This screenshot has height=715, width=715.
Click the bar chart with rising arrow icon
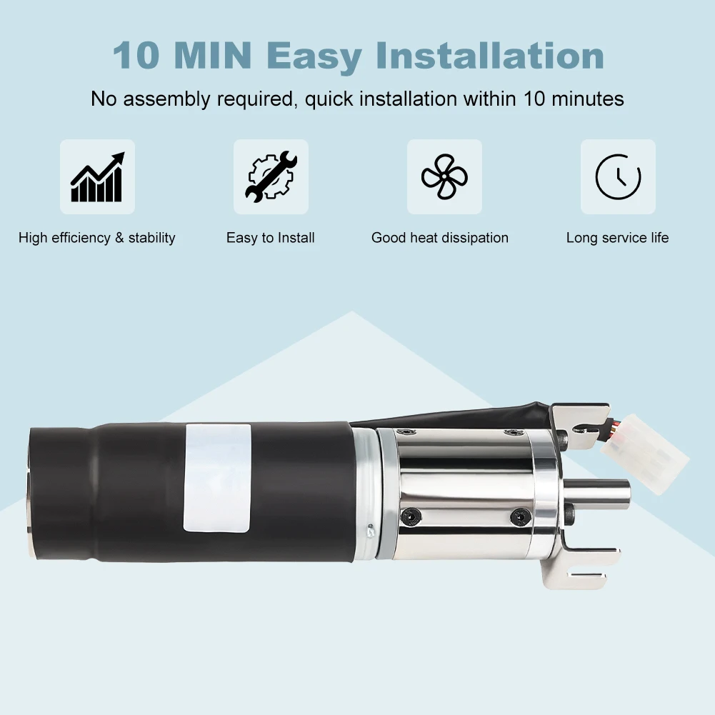(x=97, y=177)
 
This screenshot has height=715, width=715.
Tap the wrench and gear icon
(x=271, y=176)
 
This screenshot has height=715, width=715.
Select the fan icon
(x=444, y=177)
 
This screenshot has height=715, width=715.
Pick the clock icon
(x=618, y=177)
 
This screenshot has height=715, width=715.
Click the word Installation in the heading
(x=490, y=56)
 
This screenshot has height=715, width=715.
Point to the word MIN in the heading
(x=213, y=56)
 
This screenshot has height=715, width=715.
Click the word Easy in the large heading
(x=314, y=57)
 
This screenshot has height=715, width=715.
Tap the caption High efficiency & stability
(x=96, y=238)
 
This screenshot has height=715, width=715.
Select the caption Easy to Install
(x=271, y=238)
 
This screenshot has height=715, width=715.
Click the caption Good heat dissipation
(x=439, y=238)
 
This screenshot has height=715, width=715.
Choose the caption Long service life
(x=617, y=238)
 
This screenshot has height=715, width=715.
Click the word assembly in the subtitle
(x=167, y=99)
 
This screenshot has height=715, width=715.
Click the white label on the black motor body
(x=218, y=478)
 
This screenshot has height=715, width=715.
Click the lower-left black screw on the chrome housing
(x=411, y=516)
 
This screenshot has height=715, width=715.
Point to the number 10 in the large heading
(x=136, y=56)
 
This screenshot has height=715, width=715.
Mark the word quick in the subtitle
(x=329, y=99)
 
